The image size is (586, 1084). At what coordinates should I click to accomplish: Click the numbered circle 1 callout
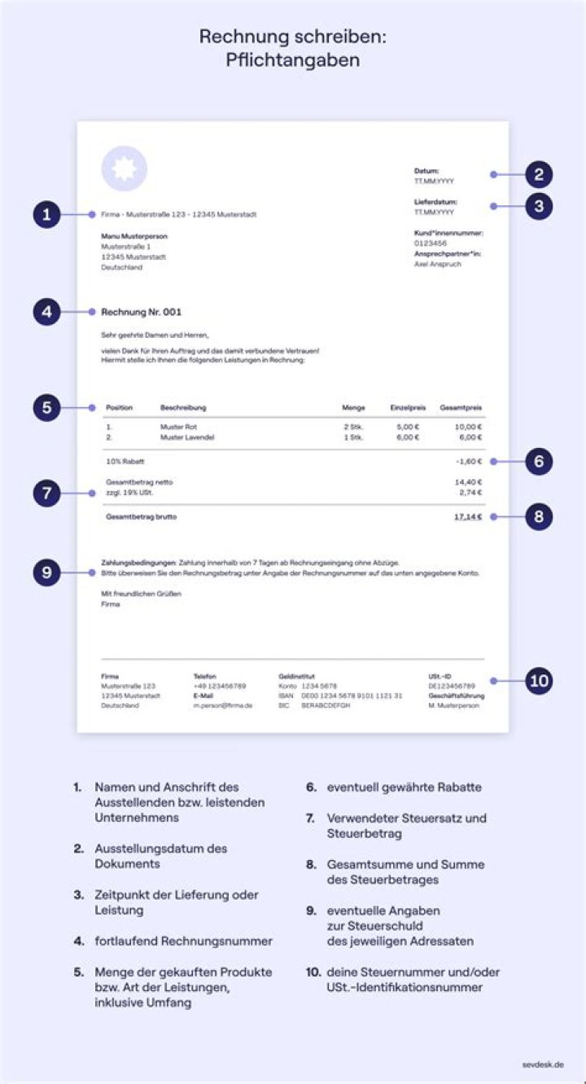(x=47, y=216)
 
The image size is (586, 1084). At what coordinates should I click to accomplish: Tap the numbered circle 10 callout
(x=539, y=681)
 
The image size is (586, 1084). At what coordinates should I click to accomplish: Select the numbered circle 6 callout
(x=539, y=462)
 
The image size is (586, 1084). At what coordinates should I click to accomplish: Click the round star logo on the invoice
(x=124, y=169)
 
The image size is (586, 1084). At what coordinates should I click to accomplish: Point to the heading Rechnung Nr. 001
(x=142, y=312)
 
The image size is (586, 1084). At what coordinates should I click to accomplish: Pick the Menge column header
(x=353, y=407)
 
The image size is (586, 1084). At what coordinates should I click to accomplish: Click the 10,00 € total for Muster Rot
(x=468, y=427)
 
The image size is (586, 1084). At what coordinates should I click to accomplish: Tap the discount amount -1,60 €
(x=468, y=462)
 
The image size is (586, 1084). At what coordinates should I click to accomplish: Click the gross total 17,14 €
(x=468, y=516)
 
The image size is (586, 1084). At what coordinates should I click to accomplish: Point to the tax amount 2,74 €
(x=470, y=493)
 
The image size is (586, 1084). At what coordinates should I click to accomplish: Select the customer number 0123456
(x=431, y=243)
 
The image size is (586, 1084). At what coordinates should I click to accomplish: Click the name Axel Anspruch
(x=438, y=264)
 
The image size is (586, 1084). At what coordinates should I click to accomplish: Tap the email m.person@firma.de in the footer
(x=222, y=705)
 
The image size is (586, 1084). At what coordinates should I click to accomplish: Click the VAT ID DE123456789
(x=452, y=687)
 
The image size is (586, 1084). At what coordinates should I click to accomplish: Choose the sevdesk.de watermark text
(x=543, y=1064)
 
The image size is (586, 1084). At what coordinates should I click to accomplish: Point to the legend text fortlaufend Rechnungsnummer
(x=183, y=941)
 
